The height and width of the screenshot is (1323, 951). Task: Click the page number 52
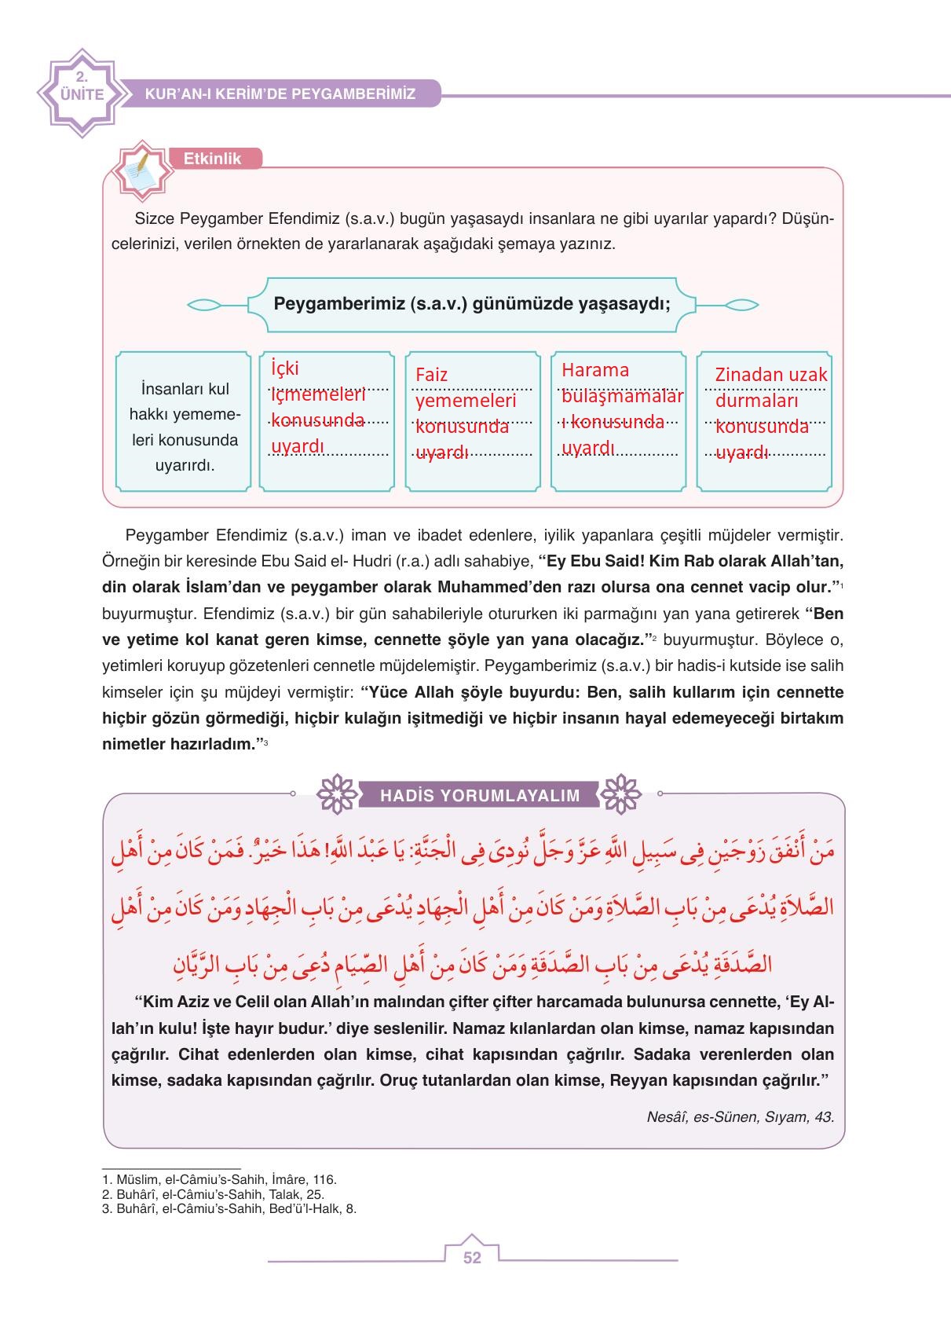[472, 1258]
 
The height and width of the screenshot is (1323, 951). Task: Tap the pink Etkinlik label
[212, 159]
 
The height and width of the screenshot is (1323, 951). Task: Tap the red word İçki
[285, 368]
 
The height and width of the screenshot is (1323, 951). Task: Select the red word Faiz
[432, 375]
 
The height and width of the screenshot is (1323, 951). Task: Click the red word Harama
[596, 370]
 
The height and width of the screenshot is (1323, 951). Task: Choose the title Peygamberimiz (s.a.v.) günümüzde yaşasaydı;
[471, 304]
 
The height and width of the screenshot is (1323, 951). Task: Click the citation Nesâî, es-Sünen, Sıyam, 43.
[740, 1116]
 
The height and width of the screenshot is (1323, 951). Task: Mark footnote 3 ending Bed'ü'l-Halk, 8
[229, 1208]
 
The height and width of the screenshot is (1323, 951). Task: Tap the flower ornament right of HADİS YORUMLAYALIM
[620, 795]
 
